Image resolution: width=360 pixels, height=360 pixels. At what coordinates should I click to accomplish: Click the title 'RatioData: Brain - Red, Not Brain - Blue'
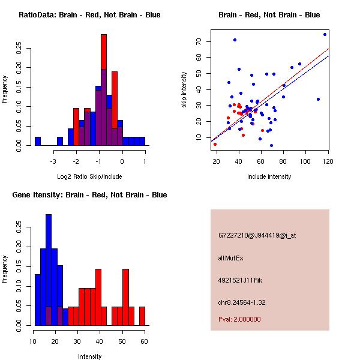tap(89, 14)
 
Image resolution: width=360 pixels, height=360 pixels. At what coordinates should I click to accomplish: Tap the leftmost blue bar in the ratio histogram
tap(38, 141)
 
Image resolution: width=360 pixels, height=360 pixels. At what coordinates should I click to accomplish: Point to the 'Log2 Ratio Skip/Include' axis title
tap(89, 176)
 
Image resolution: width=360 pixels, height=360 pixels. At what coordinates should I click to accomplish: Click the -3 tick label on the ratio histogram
tap(54, 161)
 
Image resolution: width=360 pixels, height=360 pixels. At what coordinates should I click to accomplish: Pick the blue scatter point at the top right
tap(325, 34)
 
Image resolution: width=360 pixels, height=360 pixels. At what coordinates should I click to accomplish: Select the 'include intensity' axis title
tap(269, 176)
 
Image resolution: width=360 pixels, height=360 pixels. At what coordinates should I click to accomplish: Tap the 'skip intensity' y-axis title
tap(185, 90)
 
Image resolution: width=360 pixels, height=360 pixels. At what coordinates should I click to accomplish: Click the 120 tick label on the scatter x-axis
tap(328, 161)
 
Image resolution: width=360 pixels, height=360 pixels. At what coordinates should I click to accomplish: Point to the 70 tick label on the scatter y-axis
tap(198, 41)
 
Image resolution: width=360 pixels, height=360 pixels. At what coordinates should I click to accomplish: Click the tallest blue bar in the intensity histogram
tap(49, 270)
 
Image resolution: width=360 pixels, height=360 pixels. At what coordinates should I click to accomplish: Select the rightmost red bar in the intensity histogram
tap(142, 316)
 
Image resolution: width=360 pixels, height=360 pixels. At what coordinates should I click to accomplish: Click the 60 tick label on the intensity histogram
tap(144, 341)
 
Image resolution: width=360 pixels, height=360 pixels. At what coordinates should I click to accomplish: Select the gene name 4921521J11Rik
tap(240, 280)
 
